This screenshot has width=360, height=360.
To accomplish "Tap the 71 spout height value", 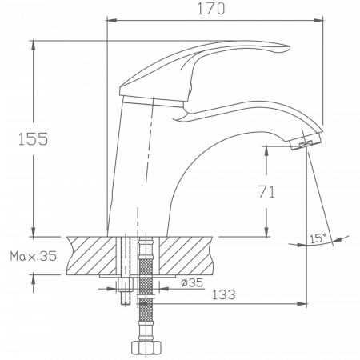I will (269, 191).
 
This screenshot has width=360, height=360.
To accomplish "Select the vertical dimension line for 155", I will (36, 96).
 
